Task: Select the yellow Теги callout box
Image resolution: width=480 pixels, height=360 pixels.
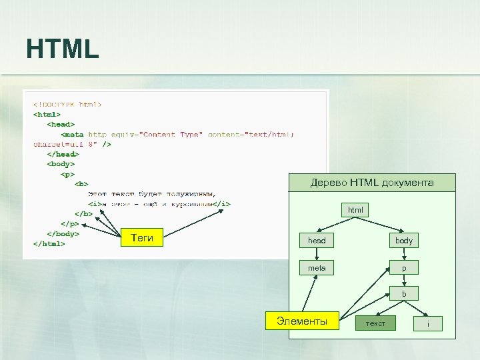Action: pyautogui.click(x=142, y=237)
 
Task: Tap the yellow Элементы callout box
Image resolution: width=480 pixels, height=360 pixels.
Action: pyautogui.click(x=302, y=321)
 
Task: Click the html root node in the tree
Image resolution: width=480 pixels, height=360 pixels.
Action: pyautogui.click(x=355, y=210)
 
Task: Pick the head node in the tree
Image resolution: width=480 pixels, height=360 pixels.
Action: pyautogui.click(x=317, y=240)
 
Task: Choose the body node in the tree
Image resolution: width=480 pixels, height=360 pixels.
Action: pyautogui.click(x=404, y=240)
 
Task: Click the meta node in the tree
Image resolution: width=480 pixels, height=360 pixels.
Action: pyautogui.click(x=317, y=268)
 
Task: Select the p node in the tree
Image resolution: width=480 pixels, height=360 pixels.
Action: pyautogui.click(x=404, y=268)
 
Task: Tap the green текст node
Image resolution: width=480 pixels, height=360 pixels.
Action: pyautogui.click(x=375, y=323)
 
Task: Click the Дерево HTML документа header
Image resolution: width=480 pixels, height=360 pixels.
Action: pyautogui.click(x=372, y=183)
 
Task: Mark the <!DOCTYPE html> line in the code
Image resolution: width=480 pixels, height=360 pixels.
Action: pyautogui.click(x=67, y=105)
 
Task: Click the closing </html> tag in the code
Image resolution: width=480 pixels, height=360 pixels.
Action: pyautogui.click(x=49, y=244)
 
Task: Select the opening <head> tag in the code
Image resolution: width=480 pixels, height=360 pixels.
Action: pyautogui.click(x=61, y=124)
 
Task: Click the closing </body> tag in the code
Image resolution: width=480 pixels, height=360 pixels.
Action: pyautogui.click(x=63, y=234)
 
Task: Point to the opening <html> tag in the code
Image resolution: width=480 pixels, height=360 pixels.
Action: pyautogui.click(x=47, y=115)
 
